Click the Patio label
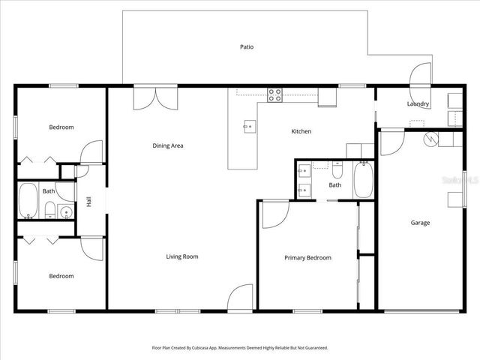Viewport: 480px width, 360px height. [246, 46]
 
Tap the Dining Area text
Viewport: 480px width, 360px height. [168, 145]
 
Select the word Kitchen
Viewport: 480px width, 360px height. [301, 131]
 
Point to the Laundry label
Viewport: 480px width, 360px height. [418, 104]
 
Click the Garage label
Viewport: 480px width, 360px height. [420, 223]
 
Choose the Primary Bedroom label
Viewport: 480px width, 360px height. [307, 258]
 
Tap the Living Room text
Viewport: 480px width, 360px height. [181, 256]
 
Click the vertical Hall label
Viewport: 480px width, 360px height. [88, 202]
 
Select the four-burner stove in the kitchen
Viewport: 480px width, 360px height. [275, 94]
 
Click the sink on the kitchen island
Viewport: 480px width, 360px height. [248, 127]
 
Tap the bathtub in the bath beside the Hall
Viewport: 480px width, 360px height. [28, 200]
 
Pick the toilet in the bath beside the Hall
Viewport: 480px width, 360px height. [50, 211]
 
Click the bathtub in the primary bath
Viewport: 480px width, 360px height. [363, 180]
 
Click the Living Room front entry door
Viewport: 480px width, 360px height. [241, 298]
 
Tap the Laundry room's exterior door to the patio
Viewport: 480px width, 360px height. [420, 75]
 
